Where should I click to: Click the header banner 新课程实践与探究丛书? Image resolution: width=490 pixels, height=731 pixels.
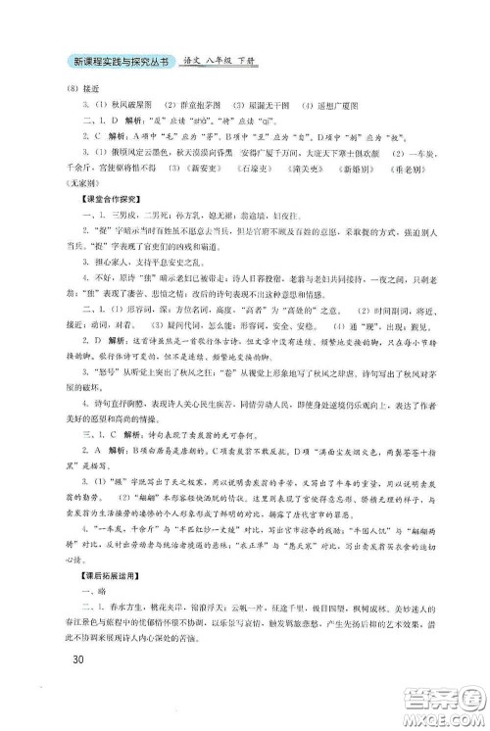pyautogui.click(x=111, y=62)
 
